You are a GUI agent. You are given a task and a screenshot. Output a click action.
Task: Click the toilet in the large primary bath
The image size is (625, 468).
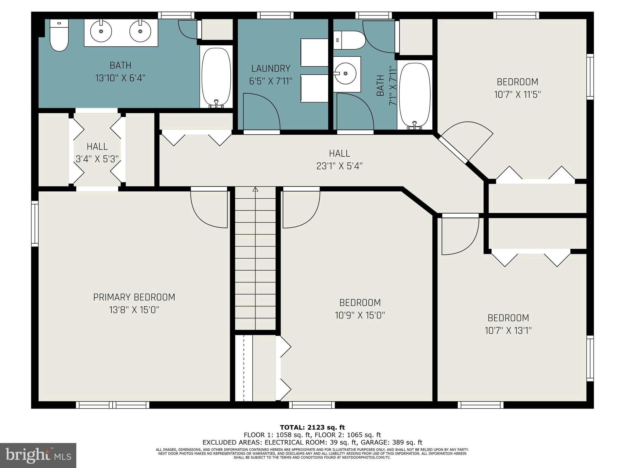point(59,36)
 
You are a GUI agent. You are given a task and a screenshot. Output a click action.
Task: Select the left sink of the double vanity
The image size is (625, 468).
point(101,31)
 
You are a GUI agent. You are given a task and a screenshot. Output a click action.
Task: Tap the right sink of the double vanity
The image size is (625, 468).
point(140,31)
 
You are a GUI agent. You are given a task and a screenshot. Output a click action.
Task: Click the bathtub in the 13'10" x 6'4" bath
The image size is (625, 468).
point(216,76)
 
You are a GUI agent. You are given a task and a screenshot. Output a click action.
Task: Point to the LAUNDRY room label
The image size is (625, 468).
point(271,68)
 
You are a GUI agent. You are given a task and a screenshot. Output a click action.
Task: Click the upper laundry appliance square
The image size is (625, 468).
point(314,52)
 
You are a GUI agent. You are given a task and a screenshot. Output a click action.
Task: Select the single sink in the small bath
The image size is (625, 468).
point(346,74)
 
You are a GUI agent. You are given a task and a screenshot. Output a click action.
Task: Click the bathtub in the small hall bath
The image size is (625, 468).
point(414,95)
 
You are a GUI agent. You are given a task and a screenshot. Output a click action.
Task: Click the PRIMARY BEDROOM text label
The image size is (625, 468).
point(134,297)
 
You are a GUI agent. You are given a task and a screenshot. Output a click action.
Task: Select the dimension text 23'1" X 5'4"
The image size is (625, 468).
point(339,166)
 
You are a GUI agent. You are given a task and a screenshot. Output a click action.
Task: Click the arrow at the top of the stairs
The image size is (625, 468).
point(255,190)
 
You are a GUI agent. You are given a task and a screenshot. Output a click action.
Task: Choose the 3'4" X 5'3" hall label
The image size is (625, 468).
point(97,159)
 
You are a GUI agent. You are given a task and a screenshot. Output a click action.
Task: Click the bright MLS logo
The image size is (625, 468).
point(38,456)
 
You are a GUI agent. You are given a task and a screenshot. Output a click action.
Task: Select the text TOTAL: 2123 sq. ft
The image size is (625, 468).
point(312,427)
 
